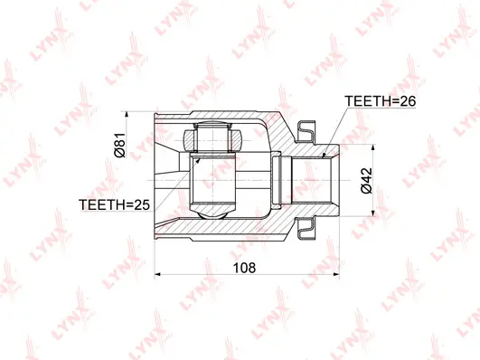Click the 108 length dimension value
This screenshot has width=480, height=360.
(x=245, y=268)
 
